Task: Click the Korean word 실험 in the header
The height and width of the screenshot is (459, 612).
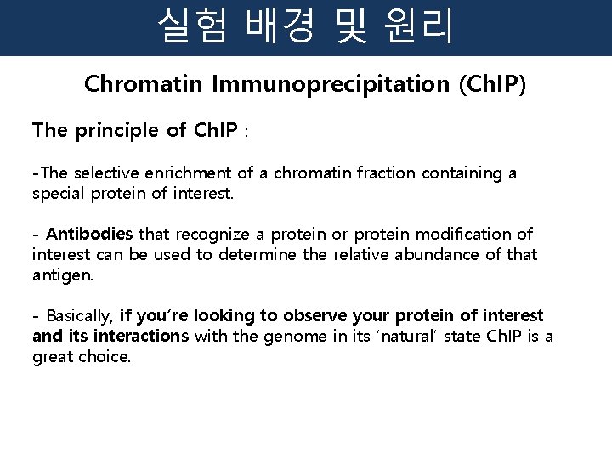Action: [x=192, y=27]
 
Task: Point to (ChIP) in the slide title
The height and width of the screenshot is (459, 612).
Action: [x=492, y=85]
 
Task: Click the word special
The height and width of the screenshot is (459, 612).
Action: [x=57, y=194]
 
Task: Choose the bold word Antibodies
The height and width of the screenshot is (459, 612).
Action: [x=89, y=234]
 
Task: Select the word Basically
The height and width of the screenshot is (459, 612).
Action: [x=78, y=316]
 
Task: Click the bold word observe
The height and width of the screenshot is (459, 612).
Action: [x=322, y=316]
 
